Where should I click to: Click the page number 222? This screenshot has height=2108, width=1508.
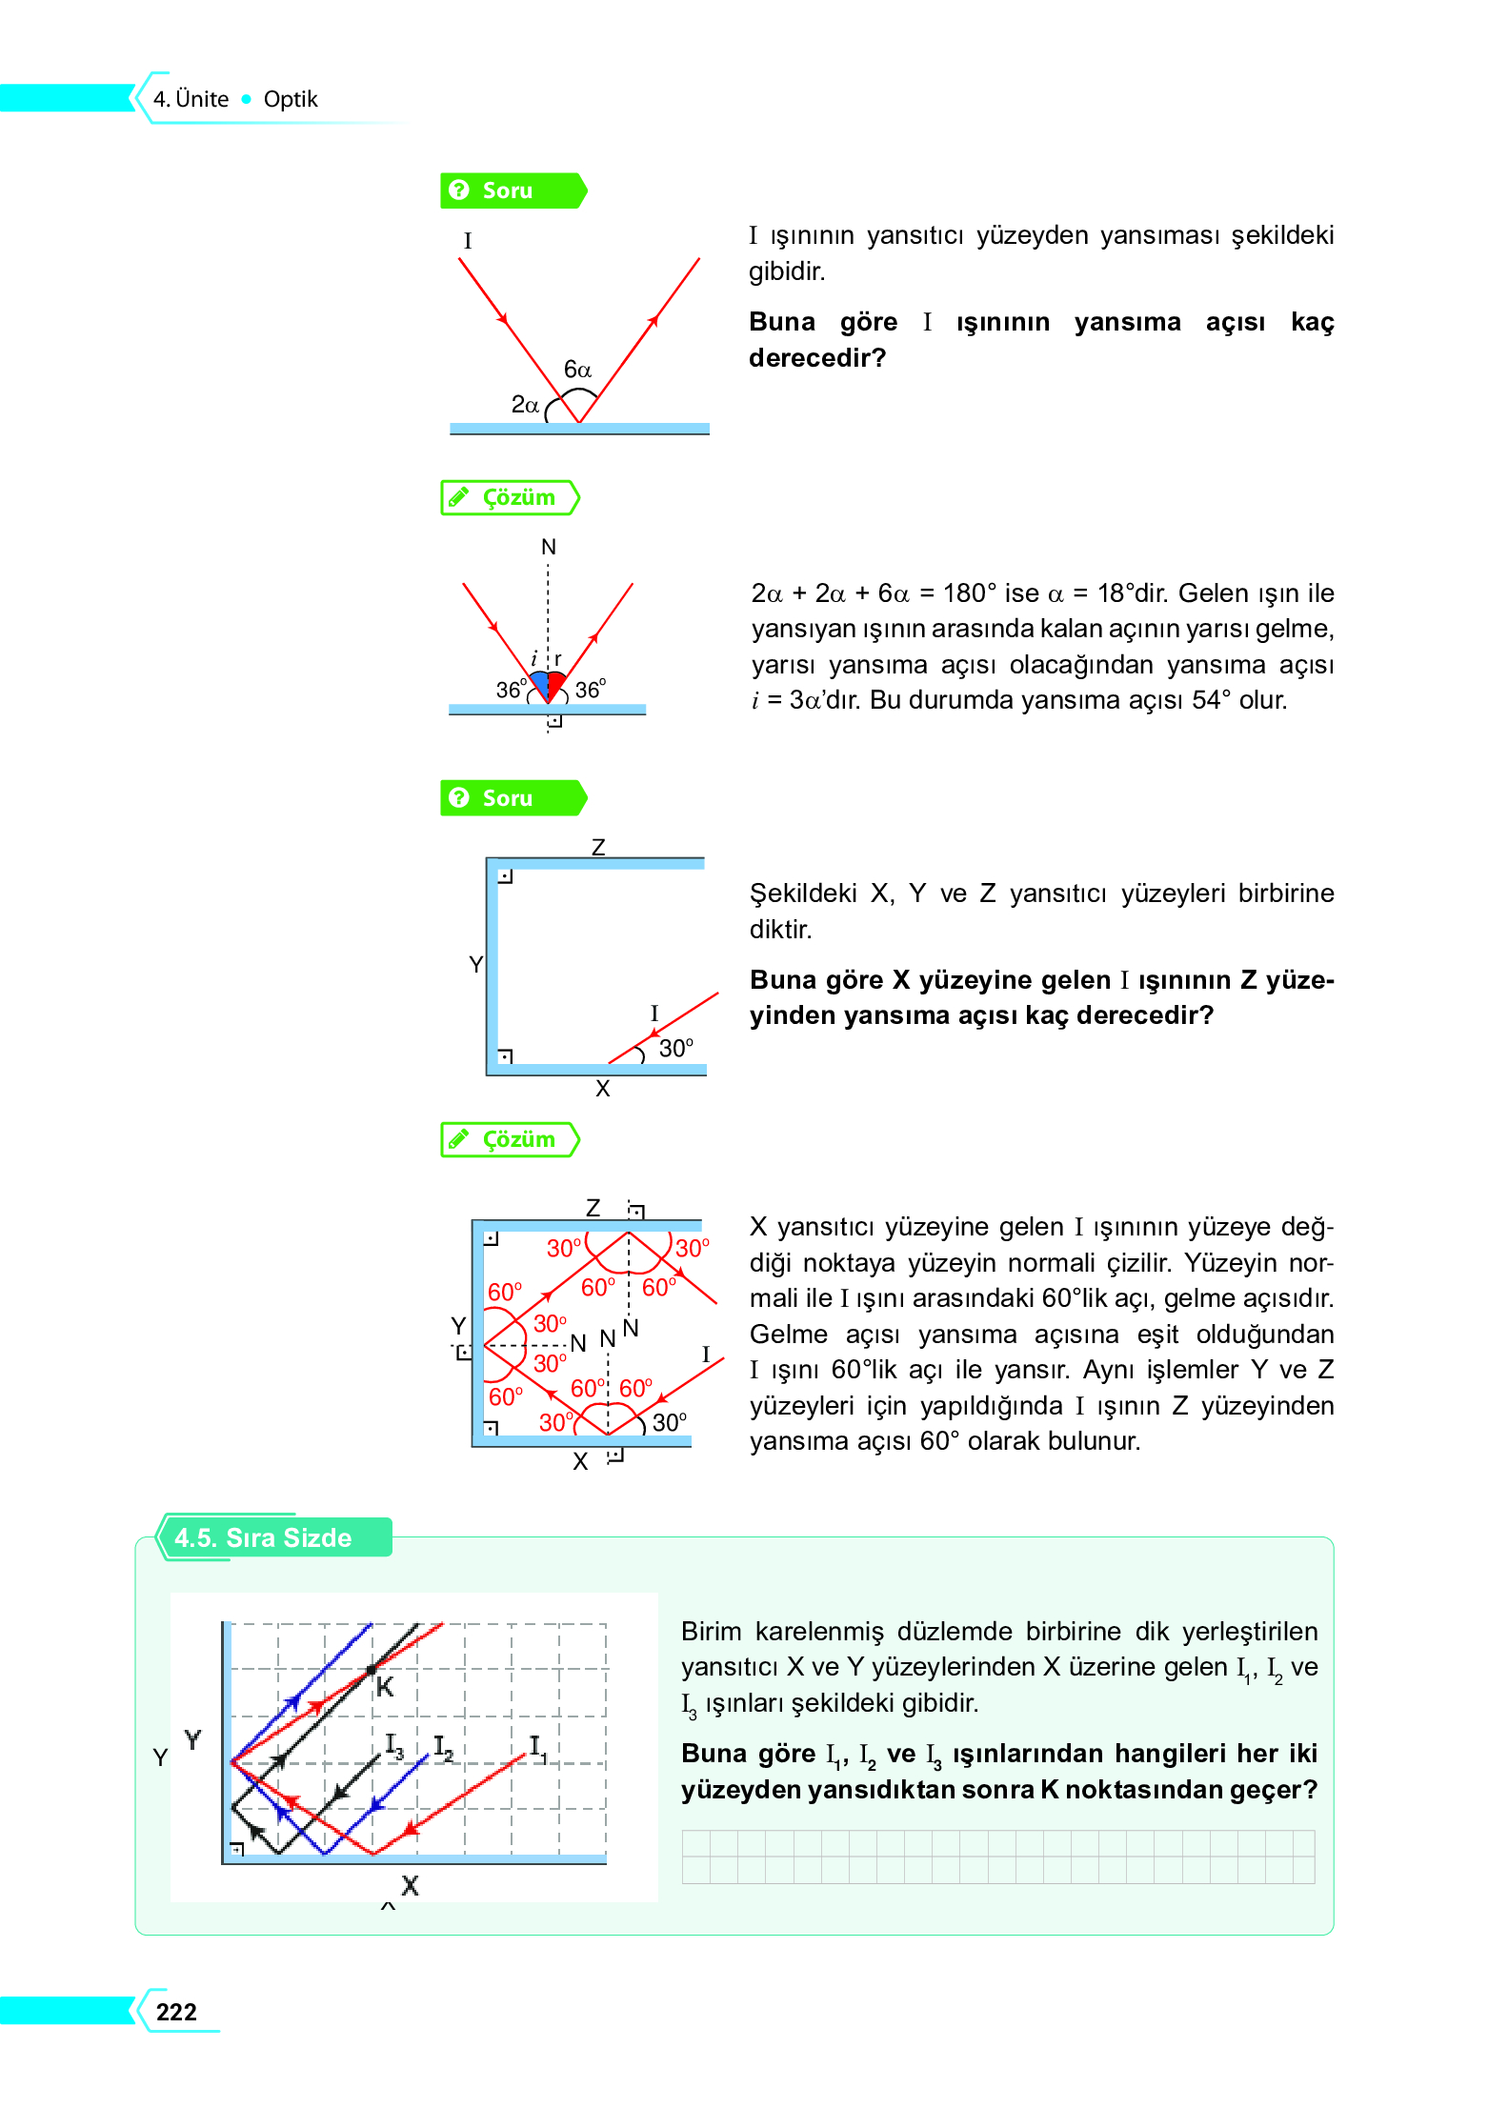[176, 2011]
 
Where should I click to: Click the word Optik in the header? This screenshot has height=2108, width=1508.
[290, 99]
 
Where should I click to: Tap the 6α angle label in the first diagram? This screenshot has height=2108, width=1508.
[577, 370]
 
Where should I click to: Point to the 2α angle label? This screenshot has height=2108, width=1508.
[525, 405]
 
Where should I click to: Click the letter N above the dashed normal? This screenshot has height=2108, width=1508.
[548, 547]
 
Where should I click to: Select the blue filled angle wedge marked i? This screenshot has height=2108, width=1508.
[540, 683]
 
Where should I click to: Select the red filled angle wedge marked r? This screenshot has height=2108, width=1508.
[556, 683]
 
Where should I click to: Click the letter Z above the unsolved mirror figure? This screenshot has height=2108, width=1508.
[598, 847]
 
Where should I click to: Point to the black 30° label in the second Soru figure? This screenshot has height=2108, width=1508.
[676, 1049]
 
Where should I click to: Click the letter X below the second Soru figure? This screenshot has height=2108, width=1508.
[602, 1089]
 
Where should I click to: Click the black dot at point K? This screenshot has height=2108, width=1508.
[371, 1670]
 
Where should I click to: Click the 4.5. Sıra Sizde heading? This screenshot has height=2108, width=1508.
[263, 1537]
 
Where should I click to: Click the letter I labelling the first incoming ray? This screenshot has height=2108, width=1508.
[468, 240]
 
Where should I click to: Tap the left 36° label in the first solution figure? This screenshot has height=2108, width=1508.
[511, 689]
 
